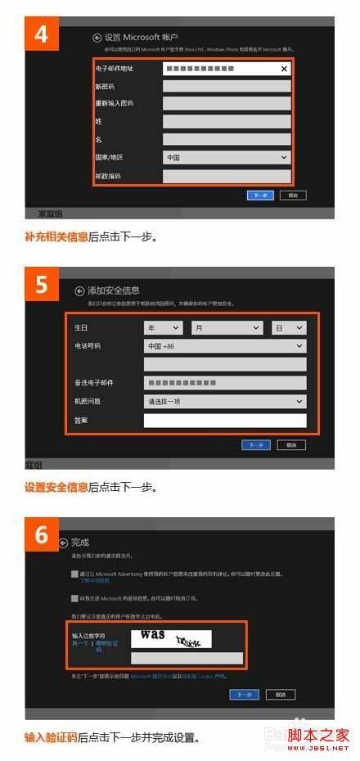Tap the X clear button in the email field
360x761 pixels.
[x=284, y=70]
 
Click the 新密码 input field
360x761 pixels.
[x=227, y=87]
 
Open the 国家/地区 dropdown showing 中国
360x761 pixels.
[x=227, y=157]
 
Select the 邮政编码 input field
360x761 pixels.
[x=227, y=175]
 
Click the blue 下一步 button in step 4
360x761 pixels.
[x=259, y=196]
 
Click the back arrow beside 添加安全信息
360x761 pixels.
[x=79, y=290]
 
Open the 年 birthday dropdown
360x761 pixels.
[x=163, y=327]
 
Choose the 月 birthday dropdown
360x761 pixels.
[x=226, y=327]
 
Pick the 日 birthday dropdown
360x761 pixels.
[x=288, y=327]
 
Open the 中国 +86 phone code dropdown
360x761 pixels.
[x=224, y=346]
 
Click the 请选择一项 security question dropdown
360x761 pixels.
[x=224, y=402]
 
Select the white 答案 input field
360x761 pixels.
[x=224, y=421]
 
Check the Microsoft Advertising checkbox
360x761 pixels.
[x=74, y=574]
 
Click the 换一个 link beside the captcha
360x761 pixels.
[x=80, y=644]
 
